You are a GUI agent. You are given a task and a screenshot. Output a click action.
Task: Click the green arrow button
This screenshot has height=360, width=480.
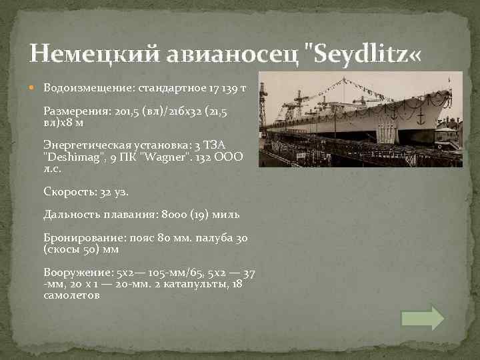422,318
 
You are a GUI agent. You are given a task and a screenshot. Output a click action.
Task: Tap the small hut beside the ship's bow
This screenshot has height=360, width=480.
445,138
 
